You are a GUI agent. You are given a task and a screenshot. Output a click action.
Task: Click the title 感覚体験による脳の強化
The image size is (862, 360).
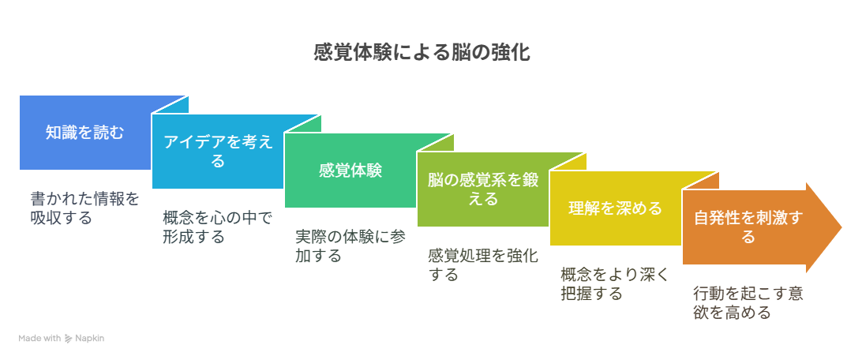tap(422, 53)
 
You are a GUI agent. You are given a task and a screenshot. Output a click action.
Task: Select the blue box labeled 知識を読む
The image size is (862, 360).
tap(85, 133)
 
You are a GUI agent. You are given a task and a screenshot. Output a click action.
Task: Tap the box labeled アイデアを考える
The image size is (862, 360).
tap(218, 151)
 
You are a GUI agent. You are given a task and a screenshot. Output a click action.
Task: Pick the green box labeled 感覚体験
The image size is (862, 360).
tap(350, 171)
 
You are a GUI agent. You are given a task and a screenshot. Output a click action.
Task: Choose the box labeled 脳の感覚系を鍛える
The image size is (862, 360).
tap(483, 189)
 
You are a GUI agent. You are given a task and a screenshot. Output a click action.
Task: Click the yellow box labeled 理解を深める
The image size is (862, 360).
tap(616, 208)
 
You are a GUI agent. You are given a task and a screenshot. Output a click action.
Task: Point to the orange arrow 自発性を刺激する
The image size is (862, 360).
tap(762, 227)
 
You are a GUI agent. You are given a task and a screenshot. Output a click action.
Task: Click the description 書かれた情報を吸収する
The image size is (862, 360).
tap(85, 208)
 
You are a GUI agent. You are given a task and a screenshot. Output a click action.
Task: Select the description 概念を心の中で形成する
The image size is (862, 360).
tap(218, 227)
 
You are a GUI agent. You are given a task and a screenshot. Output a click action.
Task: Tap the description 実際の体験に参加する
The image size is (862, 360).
tap(350, 246)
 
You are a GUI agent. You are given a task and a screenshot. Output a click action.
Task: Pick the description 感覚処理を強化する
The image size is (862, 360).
tap(483, 265)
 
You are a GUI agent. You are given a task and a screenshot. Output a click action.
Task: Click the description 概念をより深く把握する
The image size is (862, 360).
tap(616, 283)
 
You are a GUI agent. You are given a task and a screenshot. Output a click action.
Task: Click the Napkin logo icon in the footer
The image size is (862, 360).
tap(68, 339)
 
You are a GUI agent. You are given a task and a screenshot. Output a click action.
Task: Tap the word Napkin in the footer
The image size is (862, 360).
tap(89, 339)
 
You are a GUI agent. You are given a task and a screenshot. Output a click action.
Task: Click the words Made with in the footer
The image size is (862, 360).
tap(39, 339)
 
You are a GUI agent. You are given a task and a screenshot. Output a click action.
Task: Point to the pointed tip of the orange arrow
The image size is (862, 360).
tap(841, 227)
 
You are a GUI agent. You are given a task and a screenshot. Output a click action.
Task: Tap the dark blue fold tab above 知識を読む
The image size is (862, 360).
tap(171, 105)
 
